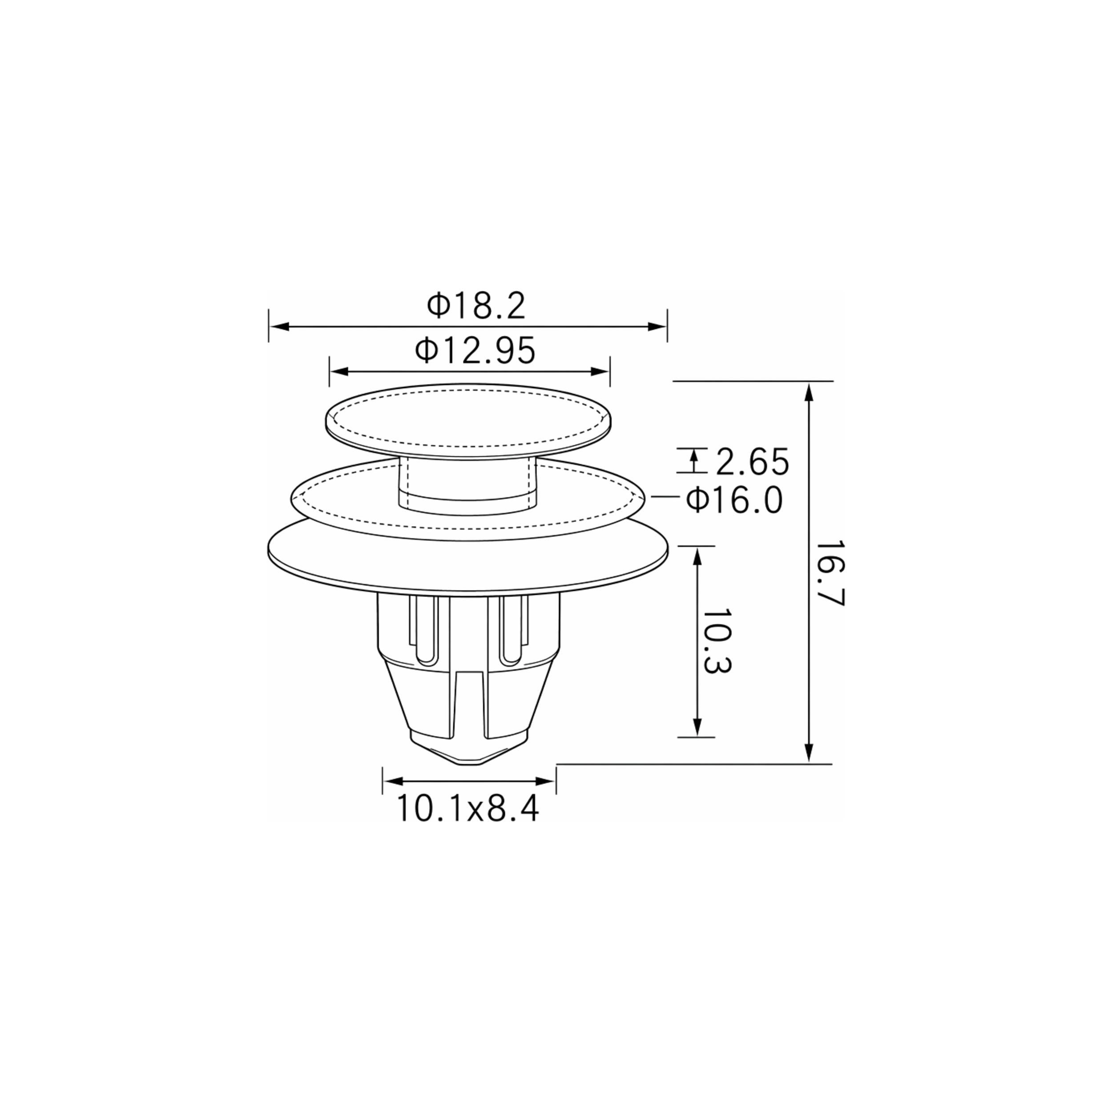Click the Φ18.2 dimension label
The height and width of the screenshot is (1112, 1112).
coord(476,306)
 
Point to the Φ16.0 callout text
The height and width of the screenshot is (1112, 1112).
coord(734,500)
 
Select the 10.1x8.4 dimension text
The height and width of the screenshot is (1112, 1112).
coord(468,808)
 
